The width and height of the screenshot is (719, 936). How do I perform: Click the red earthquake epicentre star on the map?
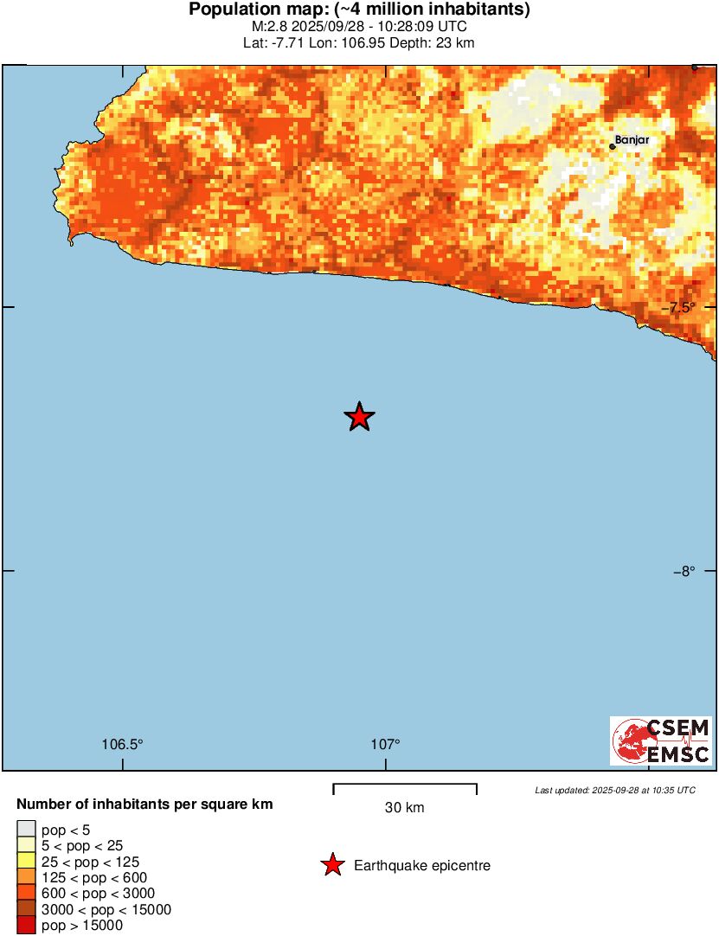coord(359,417)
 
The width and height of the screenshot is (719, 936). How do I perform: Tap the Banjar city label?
coord(632,139)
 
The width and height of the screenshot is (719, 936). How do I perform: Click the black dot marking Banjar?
coord(613,146)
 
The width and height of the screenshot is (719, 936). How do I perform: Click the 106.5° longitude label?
coord(122,744)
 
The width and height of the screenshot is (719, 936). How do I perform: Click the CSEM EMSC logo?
coord(661,740)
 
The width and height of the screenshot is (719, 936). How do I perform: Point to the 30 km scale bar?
coord(405,786)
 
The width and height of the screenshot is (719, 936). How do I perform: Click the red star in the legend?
coord(332,865)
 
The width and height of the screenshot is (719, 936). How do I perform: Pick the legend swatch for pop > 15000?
coord(26,926)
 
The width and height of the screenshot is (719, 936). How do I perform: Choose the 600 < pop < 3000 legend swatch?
coord(26,894)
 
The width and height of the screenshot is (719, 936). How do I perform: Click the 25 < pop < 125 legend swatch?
coord(26,862)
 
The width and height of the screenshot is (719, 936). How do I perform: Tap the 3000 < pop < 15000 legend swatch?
coord(26,909)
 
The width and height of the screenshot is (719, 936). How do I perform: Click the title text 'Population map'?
coord(260,10)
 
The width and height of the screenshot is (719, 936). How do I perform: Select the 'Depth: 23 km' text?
coord(435,42)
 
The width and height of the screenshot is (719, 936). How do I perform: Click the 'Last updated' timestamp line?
coord(614,790)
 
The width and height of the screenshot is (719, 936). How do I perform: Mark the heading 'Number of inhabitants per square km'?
coord(144,805)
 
